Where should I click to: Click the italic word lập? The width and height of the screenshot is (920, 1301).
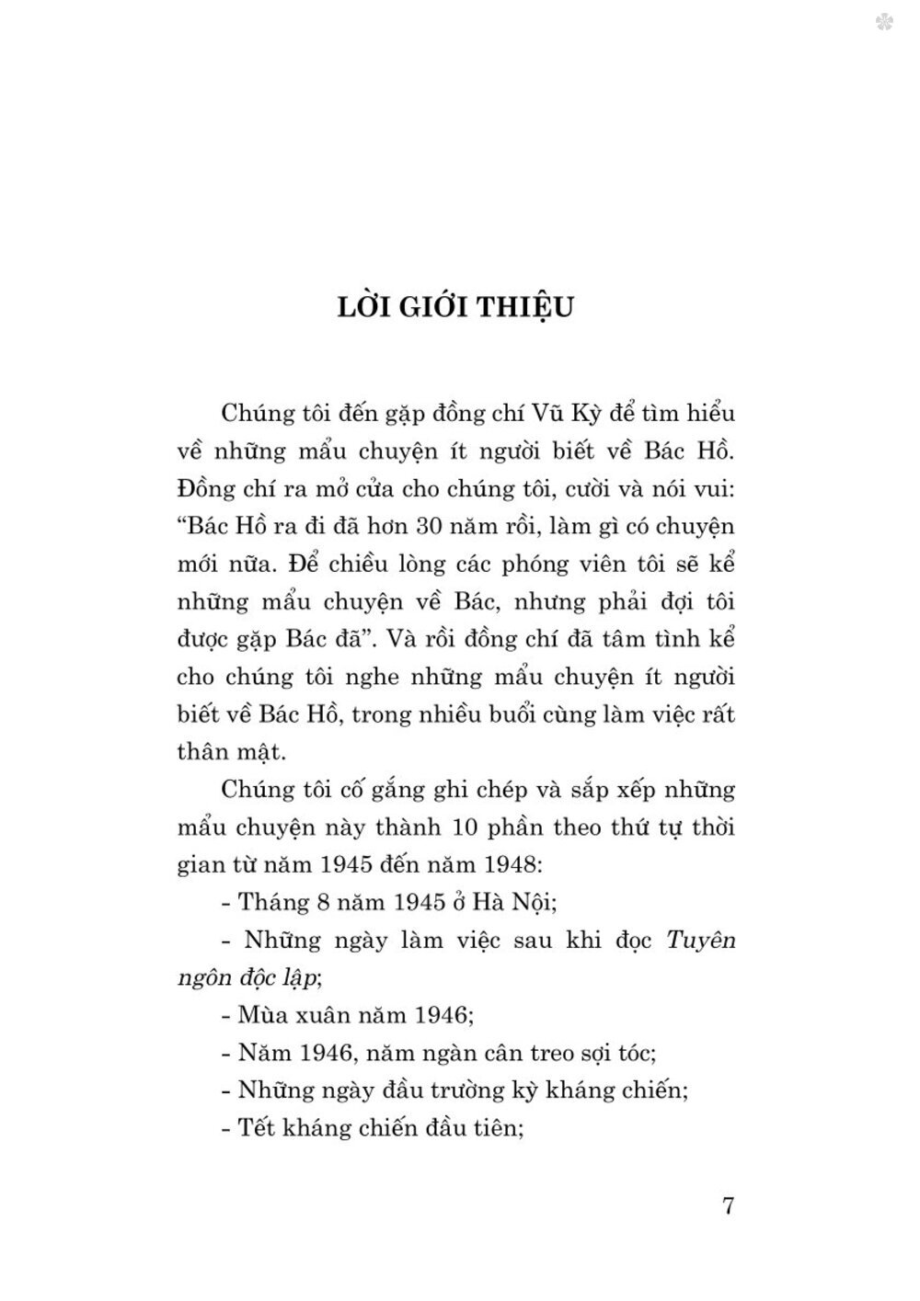click(303, 978)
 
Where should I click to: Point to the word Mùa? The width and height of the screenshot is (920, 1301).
click(262, 1016)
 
